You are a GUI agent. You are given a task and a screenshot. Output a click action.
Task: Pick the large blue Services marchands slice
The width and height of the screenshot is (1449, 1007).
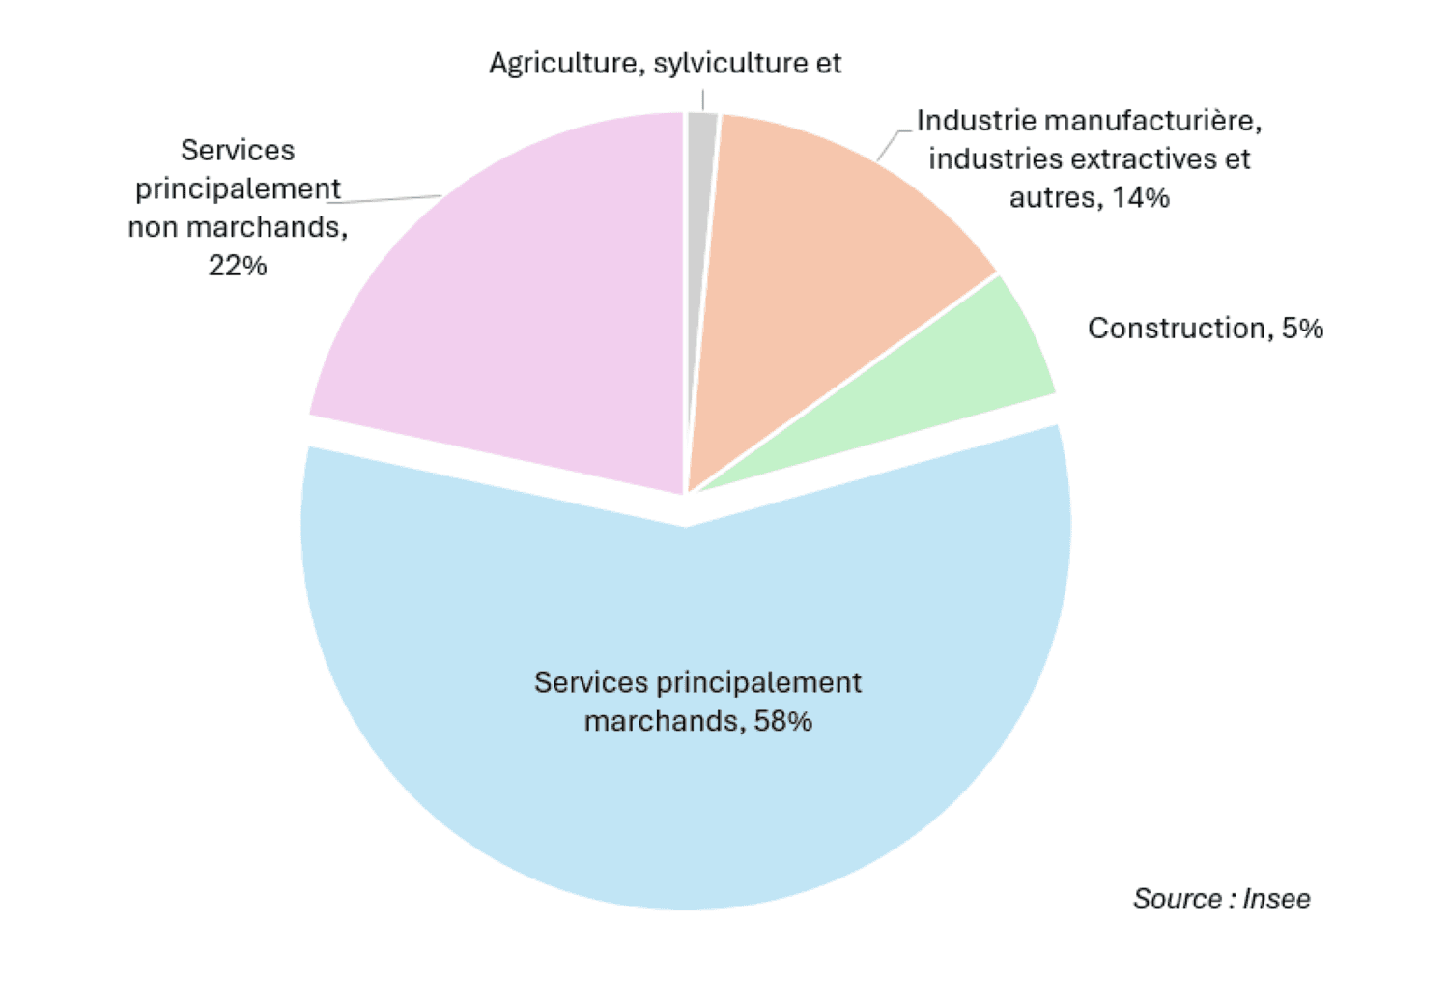coord(686,792)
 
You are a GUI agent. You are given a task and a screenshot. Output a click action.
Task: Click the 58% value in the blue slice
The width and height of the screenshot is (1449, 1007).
coord(783,721)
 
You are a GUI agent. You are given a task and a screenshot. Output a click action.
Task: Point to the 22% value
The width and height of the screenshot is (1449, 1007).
coord(238,266)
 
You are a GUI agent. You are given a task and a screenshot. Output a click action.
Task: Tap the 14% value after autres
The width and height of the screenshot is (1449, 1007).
coord(1141,198)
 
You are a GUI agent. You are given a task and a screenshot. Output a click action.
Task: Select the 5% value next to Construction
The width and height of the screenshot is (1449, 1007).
coord(1303,329)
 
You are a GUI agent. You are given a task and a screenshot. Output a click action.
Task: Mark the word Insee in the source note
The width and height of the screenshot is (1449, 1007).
coord(1276,899)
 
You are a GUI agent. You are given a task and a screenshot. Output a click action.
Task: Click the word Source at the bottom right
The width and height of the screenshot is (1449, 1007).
coord(1178,899)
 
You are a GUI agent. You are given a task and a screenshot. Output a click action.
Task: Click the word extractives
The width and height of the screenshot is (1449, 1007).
coord(1140,158)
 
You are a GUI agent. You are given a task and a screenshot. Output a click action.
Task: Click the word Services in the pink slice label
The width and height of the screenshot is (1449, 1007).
coord(238,151)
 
